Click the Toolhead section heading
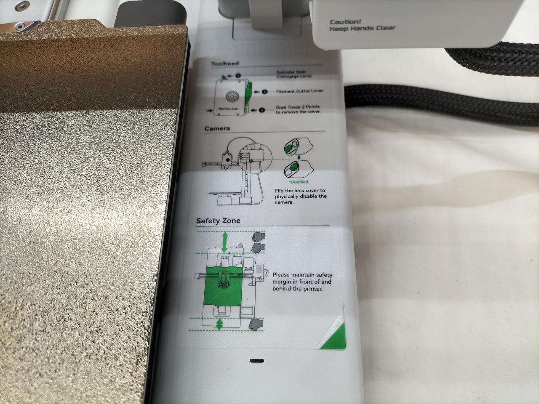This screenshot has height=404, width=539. pos(225,64)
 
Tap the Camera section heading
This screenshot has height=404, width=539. pos(217,128)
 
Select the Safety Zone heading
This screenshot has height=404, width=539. pos(218,221)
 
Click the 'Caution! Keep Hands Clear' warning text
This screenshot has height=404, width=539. pos(362,25)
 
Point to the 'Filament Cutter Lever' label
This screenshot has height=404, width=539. pos(300,91)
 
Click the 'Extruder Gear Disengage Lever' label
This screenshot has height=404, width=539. pos(294,74)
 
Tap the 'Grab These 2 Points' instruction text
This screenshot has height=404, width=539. pos(298,109)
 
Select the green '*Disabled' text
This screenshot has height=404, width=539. pos(299,182)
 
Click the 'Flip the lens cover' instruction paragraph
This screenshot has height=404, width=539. pos(301,196)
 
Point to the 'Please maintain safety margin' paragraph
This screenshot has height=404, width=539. pos(302,282)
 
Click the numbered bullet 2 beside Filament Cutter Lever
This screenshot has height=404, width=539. pos(264,92)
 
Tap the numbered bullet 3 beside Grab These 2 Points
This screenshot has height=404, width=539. pos(262,110)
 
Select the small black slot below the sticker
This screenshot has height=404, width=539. pos(256,361)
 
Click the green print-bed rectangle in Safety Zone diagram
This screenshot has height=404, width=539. pos(224,286)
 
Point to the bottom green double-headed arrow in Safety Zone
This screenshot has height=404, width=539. pos(219,324)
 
